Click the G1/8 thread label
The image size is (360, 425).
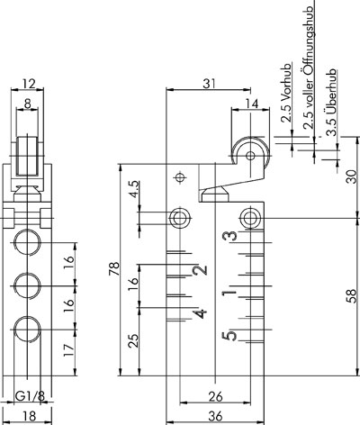30,397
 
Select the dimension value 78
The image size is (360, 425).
114,269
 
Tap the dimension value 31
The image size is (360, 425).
209,84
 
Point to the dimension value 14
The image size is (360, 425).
252,104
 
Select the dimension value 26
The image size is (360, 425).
216,397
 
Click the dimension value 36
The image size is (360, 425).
216,417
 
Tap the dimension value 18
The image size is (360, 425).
30,417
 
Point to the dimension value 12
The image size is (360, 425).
29,84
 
